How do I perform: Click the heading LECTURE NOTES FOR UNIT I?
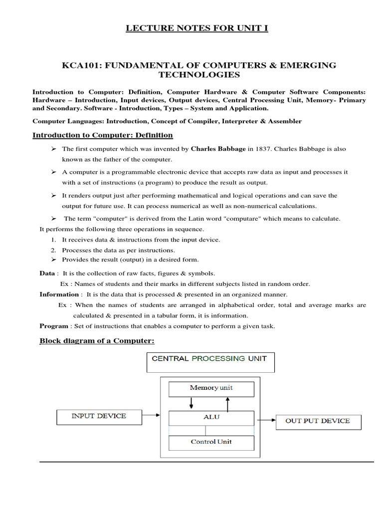point(196,28)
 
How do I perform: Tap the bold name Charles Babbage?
point(218,149)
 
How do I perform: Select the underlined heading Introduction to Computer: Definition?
point(103,135)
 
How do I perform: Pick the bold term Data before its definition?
point(47,273)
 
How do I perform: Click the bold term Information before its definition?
point(59,294)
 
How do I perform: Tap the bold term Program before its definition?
point(54,326)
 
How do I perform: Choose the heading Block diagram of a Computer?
point(97,341)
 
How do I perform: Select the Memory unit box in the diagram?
point(211,388)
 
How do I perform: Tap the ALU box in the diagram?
point(211,417)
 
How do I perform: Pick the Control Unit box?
point(211,442)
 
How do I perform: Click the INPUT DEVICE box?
point(99,416)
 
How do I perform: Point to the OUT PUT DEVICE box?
point(318,421)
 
